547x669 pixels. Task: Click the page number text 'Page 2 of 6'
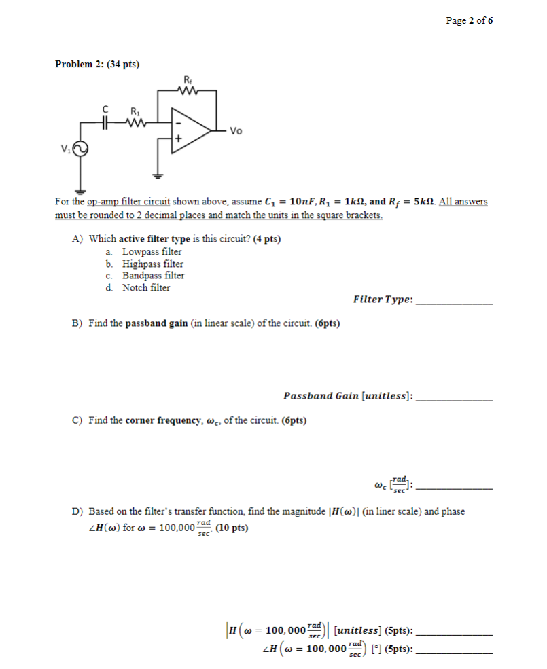point(469,20)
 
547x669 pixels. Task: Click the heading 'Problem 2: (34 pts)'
point(97,65)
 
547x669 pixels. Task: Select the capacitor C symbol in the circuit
point(105,122)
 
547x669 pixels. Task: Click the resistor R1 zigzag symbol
point(135,122)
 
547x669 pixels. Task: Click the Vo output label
point(236,131)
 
